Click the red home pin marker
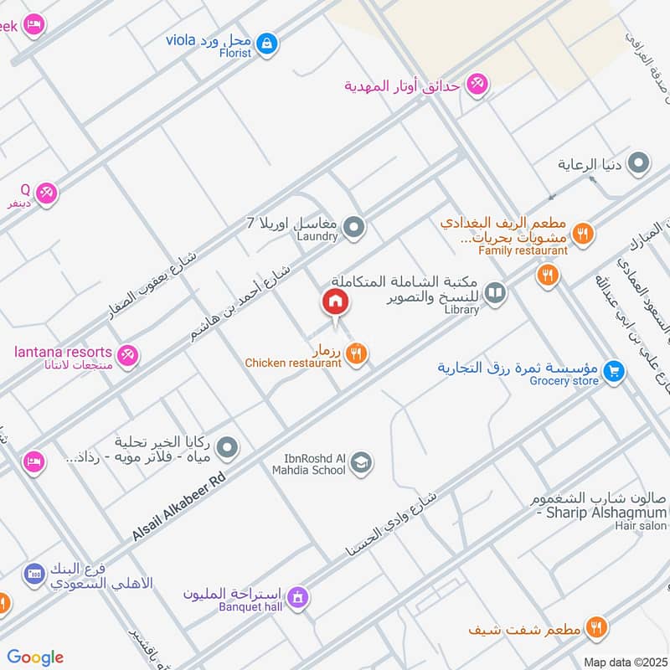(336, 302)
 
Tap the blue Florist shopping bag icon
(266, 42)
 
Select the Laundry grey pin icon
(355, 226)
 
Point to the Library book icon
(496, 292)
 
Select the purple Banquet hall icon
(296, 598)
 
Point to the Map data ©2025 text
(626, 662)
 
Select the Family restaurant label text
(523, 250)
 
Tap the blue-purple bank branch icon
(33, 574)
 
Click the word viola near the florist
(181, 39)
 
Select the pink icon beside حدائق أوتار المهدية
(477, 85)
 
